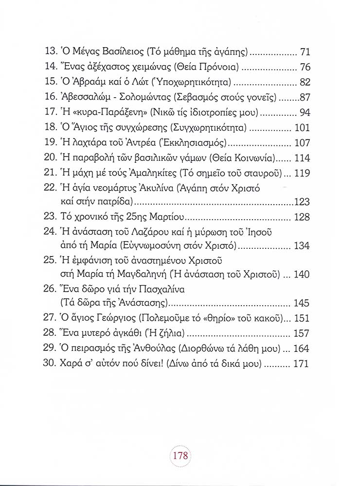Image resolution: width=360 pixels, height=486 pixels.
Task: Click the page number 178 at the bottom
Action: (x=180, y=458)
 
